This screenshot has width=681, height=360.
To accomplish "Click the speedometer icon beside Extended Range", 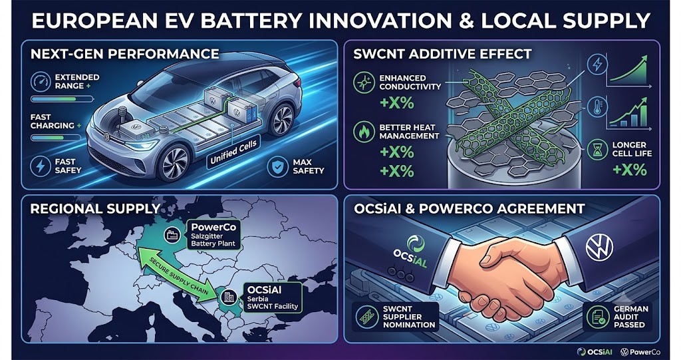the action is pyautogui.click(x=41, y=82).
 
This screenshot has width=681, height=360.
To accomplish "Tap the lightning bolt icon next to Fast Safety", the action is pyautogui.click(x=41, y=166).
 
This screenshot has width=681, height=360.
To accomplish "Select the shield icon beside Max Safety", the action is pyautogui.click(x=277, y=167).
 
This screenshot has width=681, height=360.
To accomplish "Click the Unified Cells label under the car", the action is pyautogui.click(x=233, y=152).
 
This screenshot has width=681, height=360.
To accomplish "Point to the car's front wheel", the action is pyautogui.click(x=174, y=162).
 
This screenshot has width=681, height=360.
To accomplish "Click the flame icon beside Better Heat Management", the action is pyautogui.click(x=364, y=132).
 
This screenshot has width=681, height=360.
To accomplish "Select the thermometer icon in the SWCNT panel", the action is pyautogui.click(x=598, y=107).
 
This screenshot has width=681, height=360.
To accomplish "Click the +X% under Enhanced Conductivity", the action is pyautogui.click(x=396, y=104).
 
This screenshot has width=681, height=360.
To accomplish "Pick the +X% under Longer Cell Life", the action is pyautogui.click(x=630, y=169).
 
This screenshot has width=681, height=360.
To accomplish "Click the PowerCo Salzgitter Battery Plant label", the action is pyautogui.click(x=213, y=235).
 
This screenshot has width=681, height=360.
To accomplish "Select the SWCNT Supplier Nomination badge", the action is pyautogui.click(x=396, y=317).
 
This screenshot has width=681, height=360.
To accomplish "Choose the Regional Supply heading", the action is pyautogui.click(x=95, y=209).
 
